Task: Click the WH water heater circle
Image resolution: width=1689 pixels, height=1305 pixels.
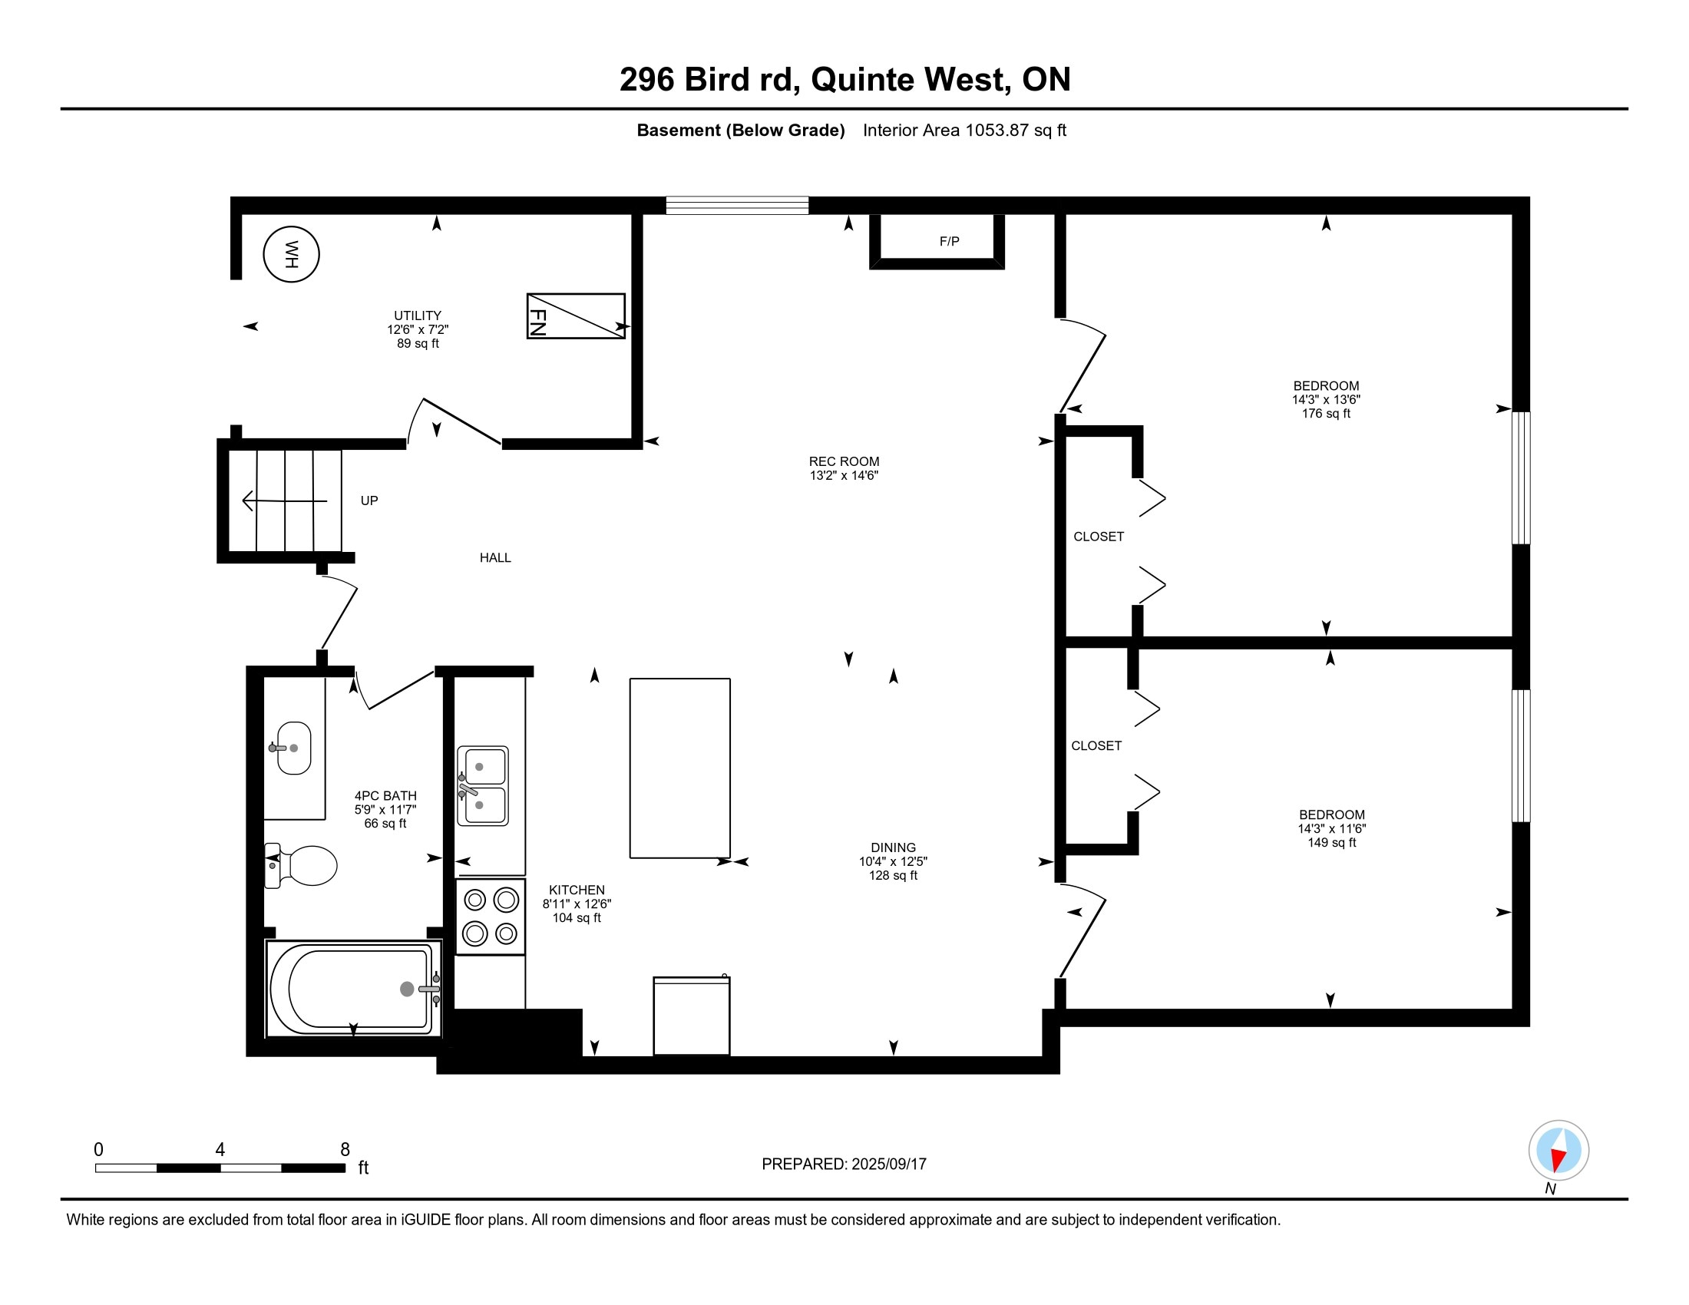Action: point(291,253)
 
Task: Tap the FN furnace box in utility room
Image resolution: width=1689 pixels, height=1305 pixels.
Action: point(575,316)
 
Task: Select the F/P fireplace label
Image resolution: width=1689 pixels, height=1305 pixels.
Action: point(949,241)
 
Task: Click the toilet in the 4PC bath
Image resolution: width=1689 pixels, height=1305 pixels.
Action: point(302,865)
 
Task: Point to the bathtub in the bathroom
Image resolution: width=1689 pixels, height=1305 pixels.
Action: point(353,989)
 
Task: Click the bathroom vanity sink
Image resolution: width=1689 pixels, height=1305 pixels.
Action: point(294,748)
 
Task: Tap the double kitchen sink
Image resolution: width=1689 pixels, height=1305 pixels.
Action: point(483,785)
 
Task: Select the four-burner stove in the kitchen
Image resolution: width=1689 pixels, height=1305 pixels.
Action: point(491,916)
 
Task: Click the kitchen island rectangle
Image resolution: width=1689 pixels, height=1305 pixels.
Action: point(679,768)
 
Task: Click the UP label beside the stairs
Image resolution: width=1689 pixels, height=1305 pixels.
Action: point(369,501)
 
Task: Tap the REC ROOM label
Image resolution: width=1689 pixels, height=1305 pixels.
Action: point(844,461)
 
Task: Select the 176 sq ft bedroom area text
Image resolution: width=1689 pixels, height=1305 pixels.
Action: point(1326,414)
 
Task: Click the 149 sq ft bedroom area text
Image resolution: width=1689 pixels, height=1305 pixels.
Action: point(1331,843)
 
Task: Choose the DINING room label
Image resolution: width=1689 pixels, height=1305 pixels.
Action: point(892,847)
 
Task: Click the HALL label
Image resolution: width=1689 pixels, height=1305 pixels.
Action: point(495,557)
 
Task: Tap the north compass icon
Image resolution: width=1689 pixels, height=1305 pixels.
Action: point(1558,1150)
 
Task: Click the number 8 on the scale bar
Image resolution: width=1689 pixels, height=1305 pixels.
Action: point(345,1150)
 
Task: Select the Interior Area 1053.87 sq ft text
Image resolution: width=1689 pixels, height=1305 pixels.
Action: point(964,130)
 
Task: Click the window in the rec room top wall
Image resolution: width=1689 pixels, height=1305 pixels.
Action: point(737,205)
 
